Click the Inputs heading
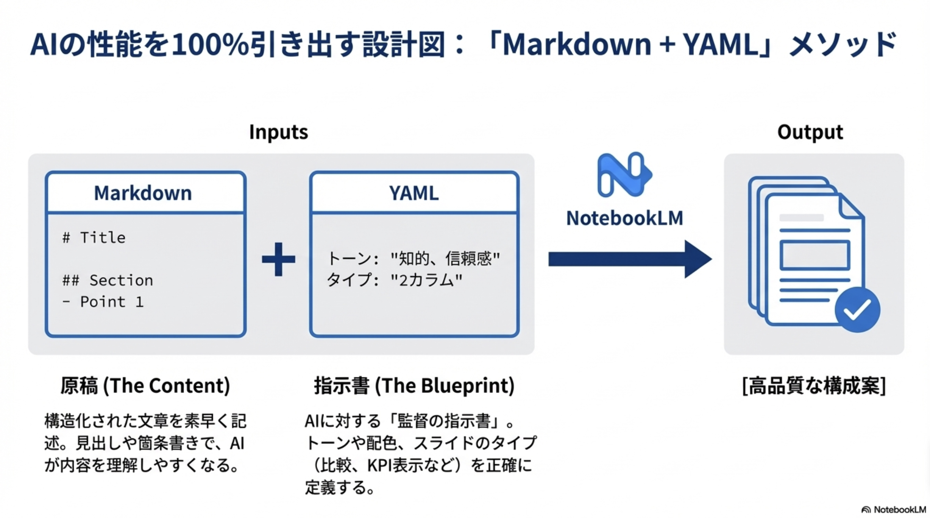[278, 132]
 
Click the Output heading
[810, 132]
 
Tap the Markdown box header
[143, 193]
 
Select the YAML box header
[414, 193]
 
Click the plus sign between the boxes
[278, 259]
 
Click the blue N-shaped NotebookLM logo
[623, 175]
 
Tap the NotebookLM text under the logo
[624, 218]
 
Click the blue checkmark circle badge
[857, 309]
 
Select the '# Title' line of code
[94, 238]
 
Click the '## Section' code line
[108, 280]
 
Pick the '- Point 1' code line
[103, 302]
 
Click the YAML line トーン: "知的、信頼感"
[413, 258]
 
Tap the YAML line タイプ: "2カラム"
[394, 280]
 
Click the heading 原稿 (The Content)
[145, 386]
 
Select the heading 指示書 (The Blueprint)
[414, 386]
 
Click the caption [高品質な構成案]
[814, 386]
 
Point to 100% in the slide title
[210, 45]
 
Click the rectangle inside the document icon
[814, 255]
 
